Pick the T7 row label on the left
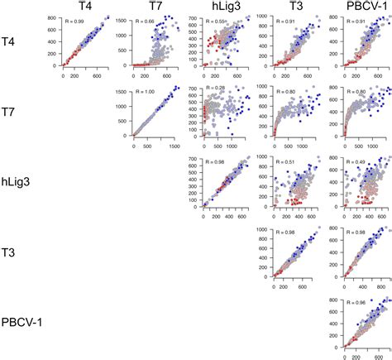[18, 108]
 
